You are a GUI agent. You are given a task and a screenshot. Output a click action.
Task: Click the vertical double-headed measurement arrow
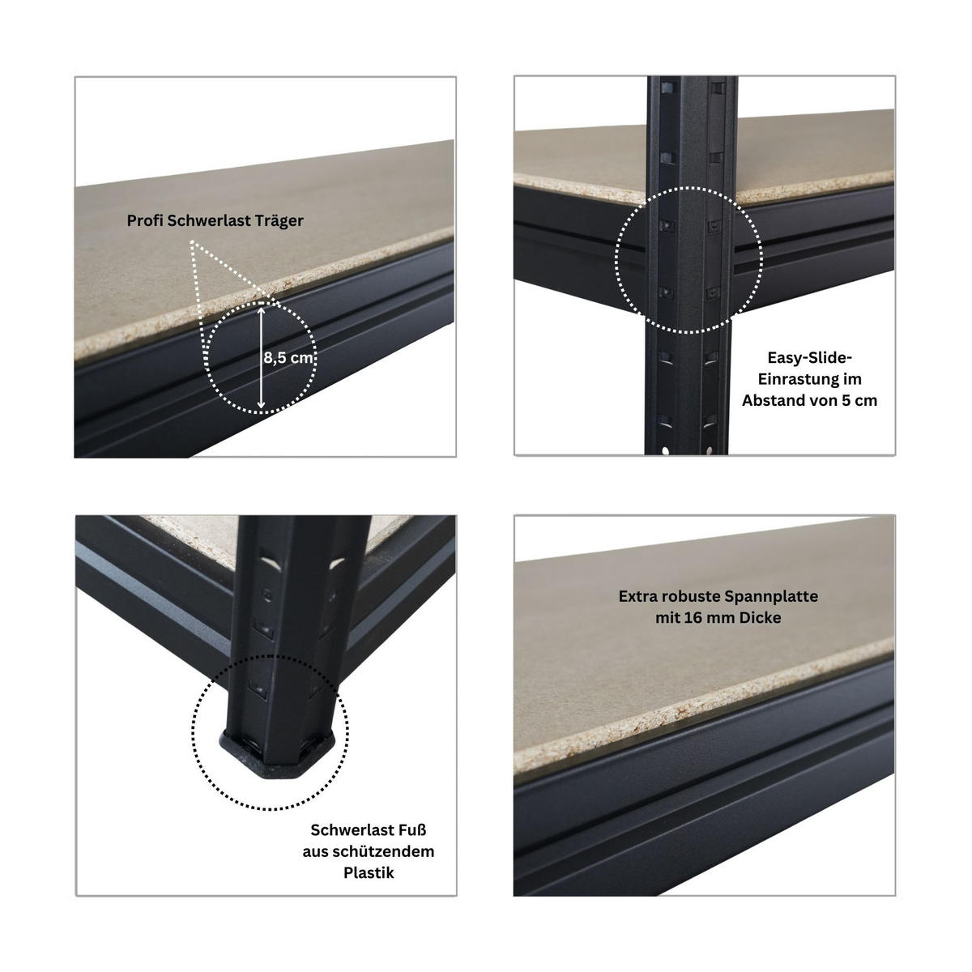(261, 356)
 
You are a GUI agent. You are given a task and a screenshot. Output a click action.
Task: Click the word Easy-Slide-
(809, 357)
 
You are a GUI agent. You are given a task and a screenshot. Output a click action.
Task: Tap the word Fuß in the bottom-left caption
(408, 830)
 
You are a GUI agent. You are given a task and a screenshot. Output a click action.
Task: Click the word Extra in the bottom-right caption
(637, 596)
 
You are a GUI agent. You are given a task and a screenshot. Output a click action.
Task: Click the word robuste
(691, 596)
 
